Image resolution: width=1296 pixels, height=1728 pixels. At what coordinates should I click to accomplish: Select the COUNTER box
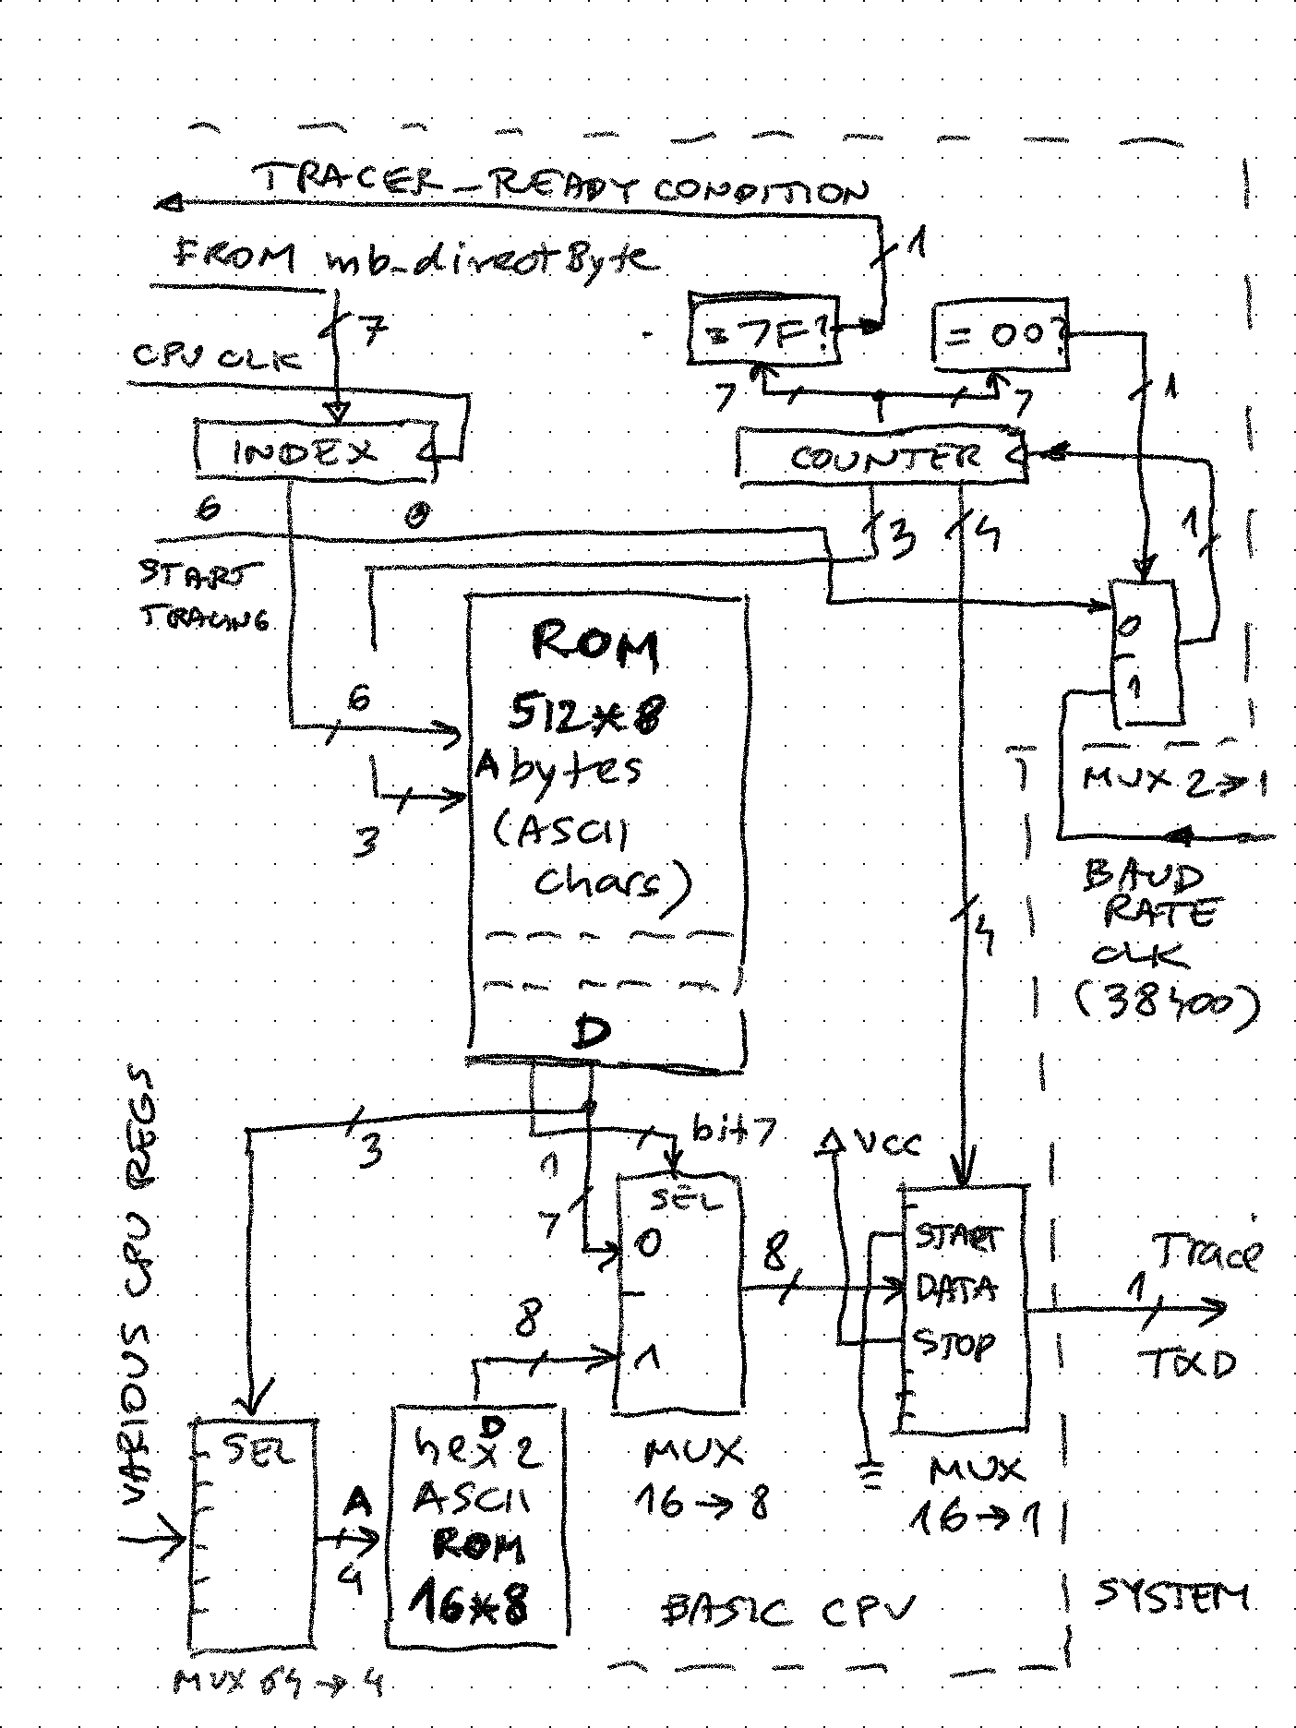(882, 456)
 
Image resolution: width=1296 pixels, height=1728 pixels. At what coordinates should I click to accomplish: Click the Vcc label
(886, 1145)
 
